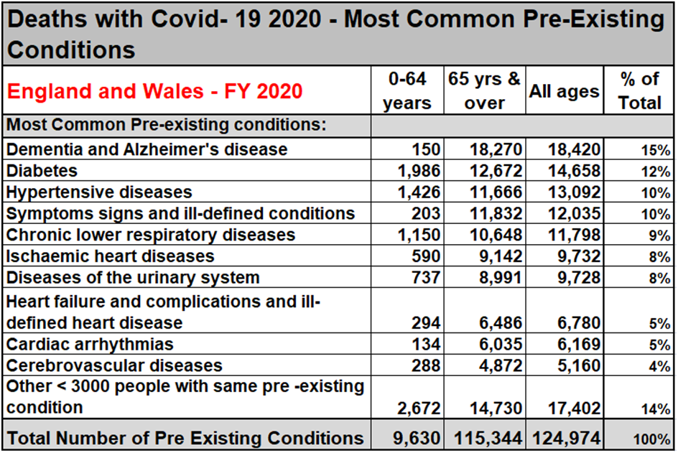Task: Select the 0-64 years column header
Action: [x=407, y=91]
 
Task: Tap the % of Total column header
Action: [x=639, y=91]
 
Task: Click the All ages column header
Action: [x=564, y=92]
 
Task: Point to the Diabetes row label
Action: [x=42, y=171]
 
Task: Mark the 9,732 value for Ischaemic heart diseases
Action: [x=578, y=256]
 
